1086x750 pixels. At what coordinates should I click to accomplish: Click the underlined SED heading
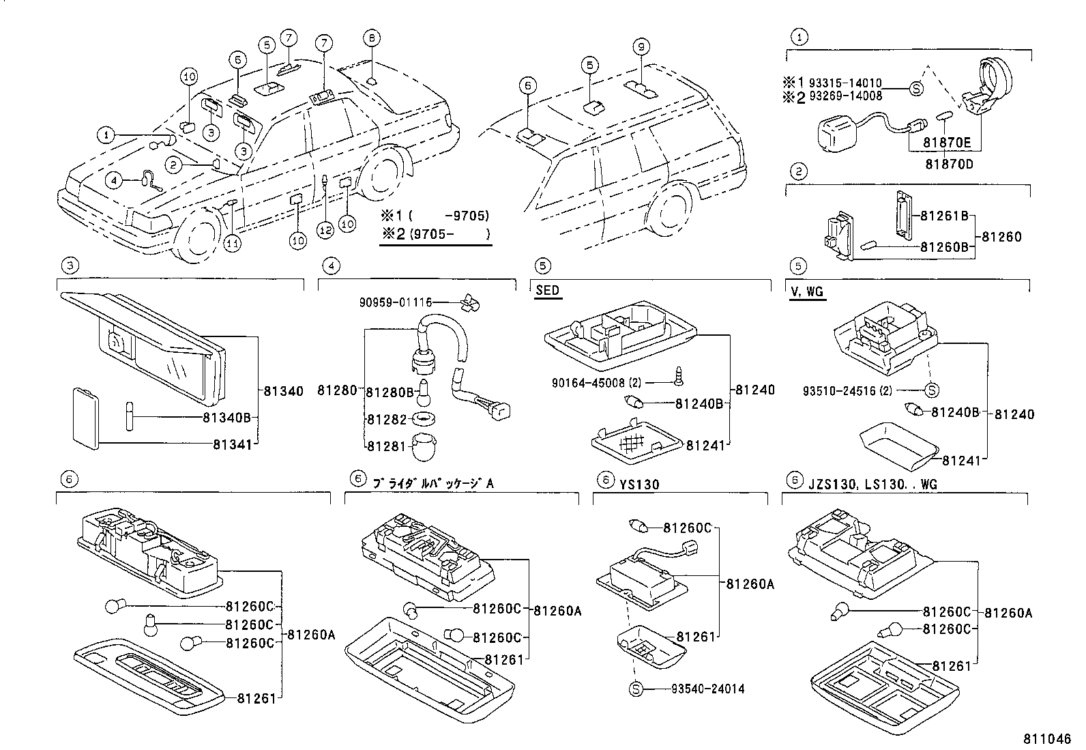click(546, 290)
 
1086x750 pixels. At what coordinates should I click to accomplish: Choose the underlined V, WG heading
click(807, 292)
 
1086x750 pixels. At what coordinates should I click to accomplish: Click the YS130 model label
click(639, 484)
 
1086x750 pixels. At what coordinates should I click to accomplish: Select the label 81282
click(386, 419)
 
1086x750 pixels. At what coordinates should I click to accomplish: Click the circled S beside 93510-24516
click(932, 390)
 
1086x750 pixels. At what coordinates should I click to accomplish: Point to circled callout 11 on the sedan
click(233, 243)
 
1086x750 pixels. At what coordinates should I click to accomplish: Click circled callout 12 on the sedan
click(325, 231)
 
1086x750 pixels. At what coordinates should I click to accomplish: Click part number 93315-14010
click(845, 83)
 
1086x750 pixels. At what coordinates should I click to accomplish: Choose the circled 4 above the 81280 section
click(329, 265)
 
